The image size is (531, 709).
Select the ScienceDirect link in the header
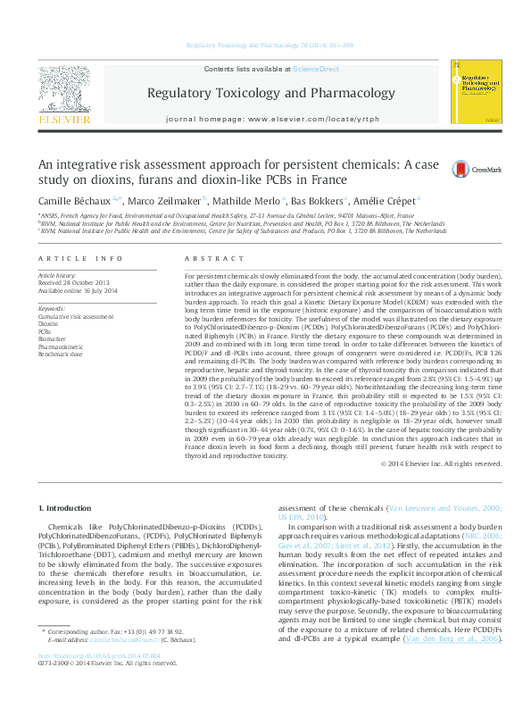317,69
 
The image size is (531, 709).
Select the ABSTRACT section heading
206,258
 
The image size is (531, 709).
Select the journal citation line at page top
265,45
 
